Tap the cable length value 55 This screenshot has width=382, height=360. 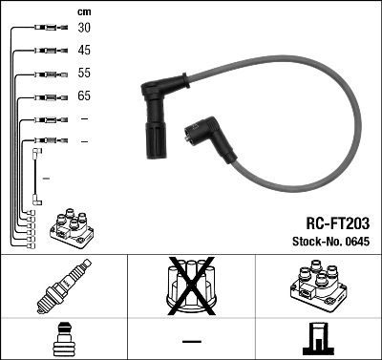[84, 74]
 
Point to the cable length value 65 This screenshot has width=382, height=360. [84, 96]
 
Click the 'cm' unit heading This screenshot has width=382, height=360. [82, 11]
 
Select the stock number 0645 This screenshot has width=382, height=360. [356, 242]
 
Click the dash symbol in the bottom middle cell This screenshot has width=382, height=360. [191, 341]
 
